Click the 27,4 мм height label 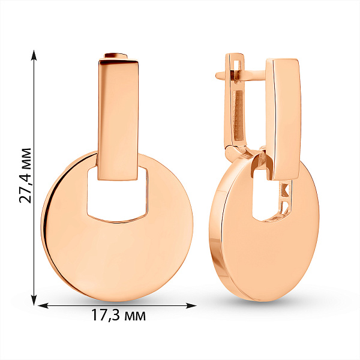point(25,176)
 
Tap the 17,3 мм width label point(118,315)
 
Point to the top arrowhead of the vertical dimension point(34,55)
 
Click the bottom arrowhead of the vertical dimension point(34,301)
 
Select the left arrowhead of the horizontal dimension point(43,305)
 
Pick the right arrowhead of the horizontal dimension point(191,305)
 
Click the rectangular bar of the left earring point(118,119)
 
